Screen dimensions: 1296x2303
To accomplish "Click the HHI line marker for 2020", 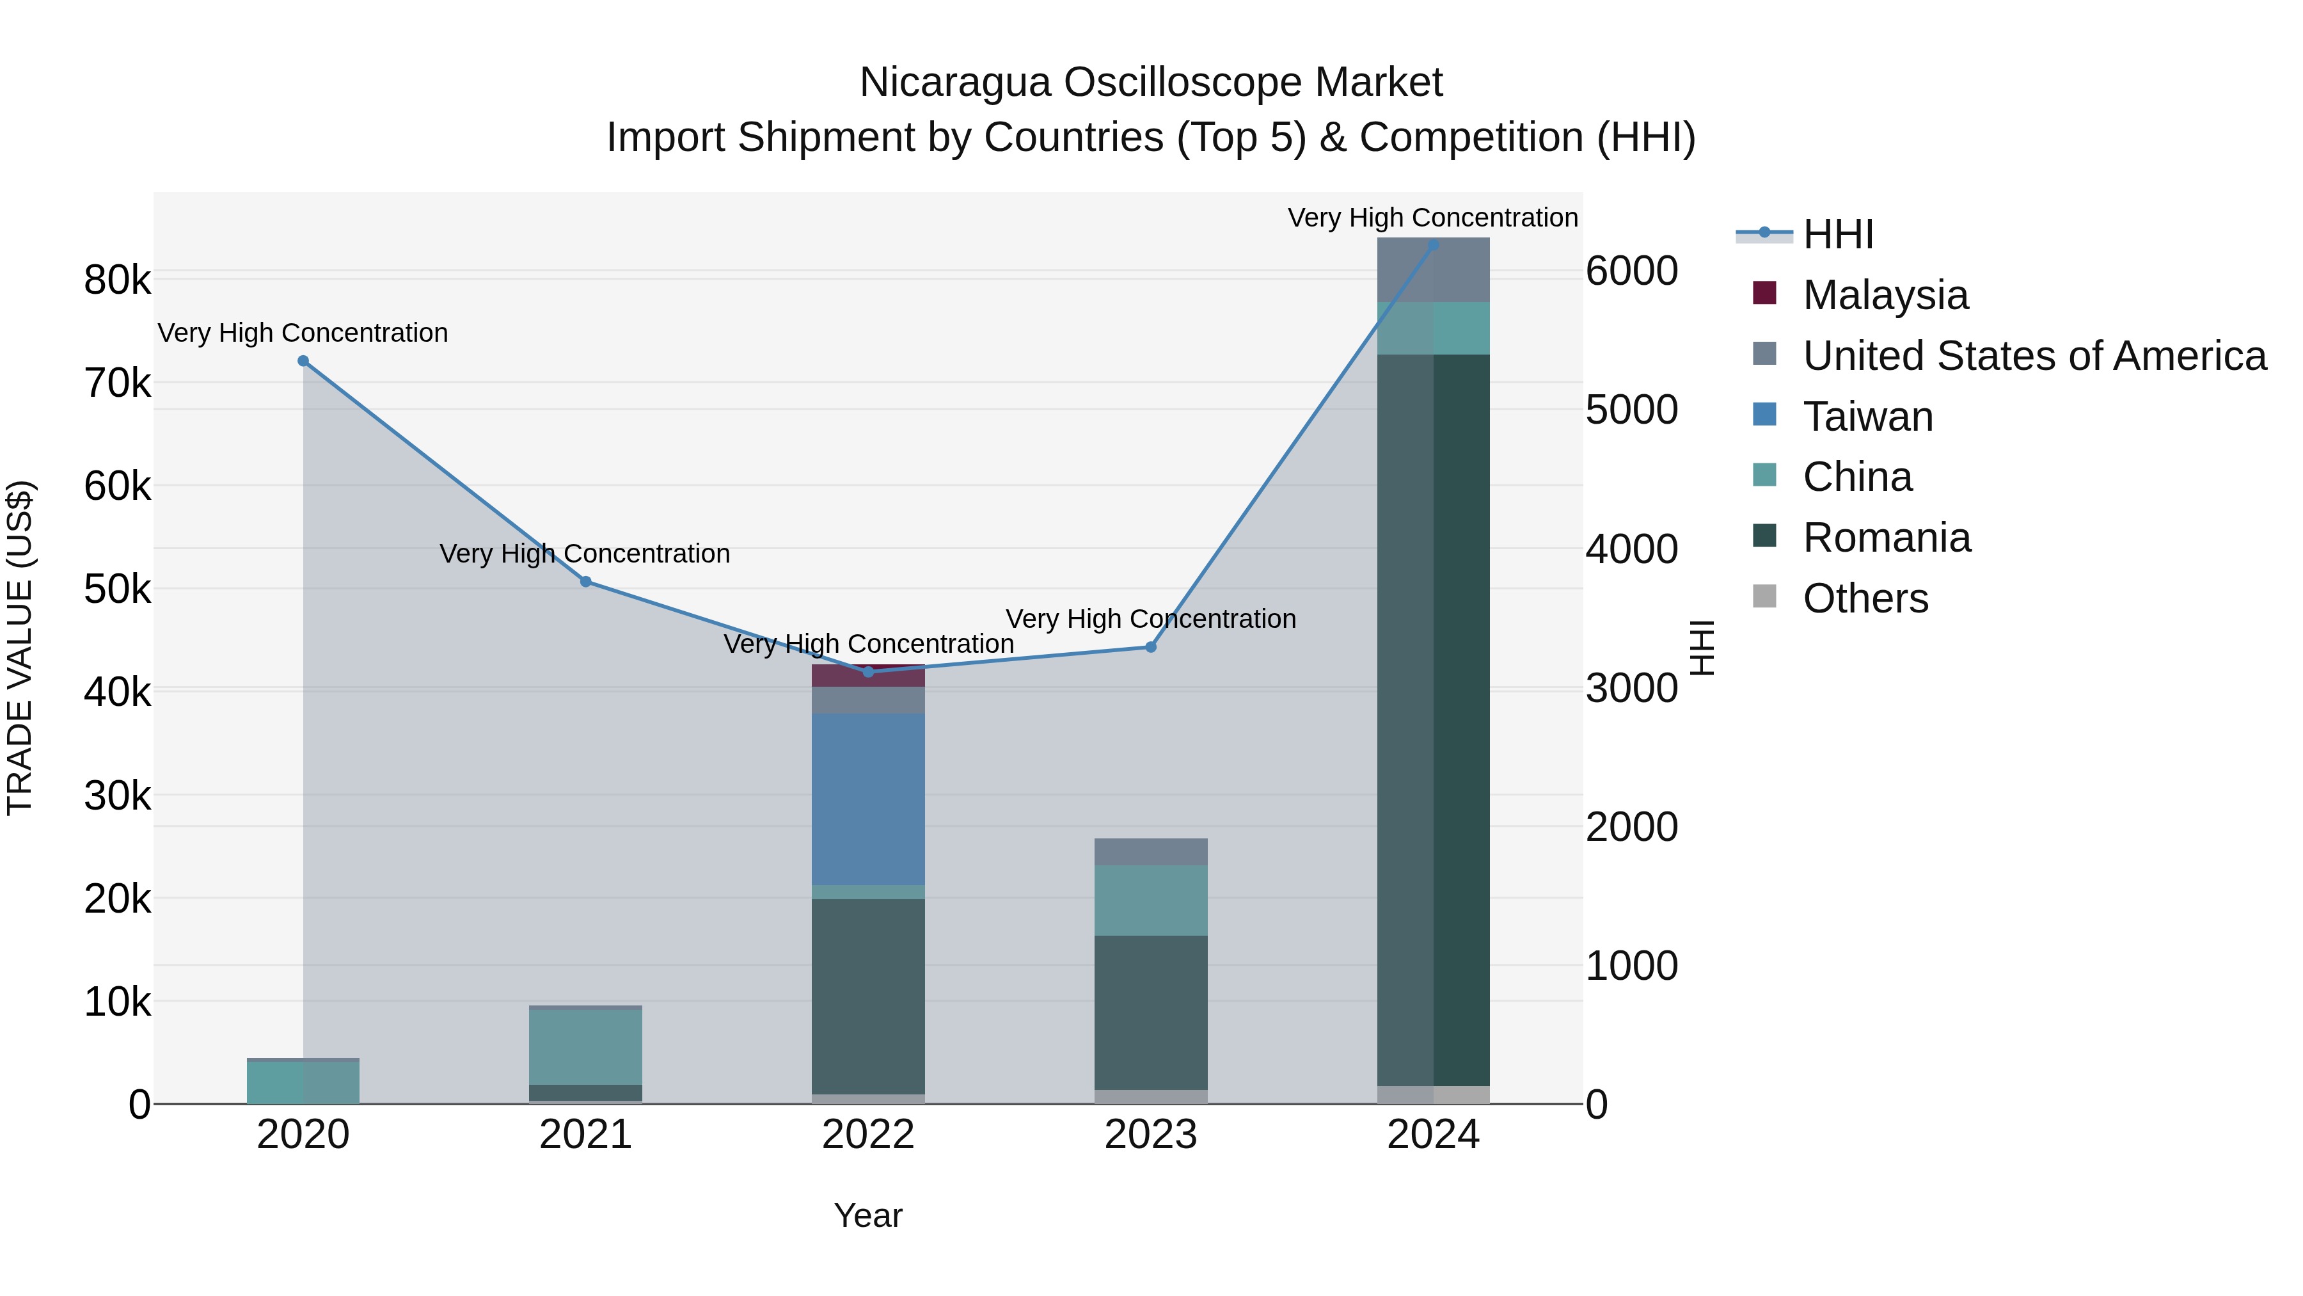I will click(x=303, y=362).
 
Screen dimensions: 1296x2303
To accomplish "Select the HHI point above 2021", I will click(x=585, y=581).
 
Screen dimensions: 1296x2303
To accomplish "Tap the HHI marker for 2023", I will click(x=1151, y=646).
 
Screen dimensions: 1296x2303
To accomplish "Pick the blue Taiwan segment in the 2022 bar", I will click(x=868, y=799).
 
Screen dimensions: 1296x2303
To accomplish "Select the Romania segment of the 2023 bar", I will click(x=1151, y=1012).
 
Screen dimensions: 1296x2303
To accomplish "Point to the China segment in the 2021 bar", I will click(x=585, y=1046).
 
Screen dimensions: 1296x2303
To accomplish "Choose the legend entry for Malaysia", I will click(x=1885, y=295).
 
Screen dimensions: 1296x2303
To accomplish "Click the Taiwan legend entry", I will click(x=1867, y=417).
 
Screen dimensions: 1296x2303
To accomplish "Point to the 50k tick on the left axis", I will click(x=117, y=589).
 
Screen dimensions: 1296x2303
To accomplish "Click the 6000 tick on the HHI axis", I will click(x=1631, y=271).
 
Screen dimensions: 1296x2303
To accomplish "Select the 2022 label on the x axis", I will click(x=868, y=1135).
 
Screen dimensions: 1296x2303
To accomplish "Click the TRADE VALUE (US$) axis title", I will click(x=20, y=648).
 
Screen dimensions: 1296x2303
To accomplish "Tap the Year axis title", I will click(x=868, y=1215).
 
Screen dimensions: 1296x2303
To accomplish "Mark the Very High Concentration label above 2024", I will click(x=1432, y=218).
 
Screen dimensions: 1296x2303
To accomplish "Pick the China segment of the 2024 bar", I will click(x=1433, y=328).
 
